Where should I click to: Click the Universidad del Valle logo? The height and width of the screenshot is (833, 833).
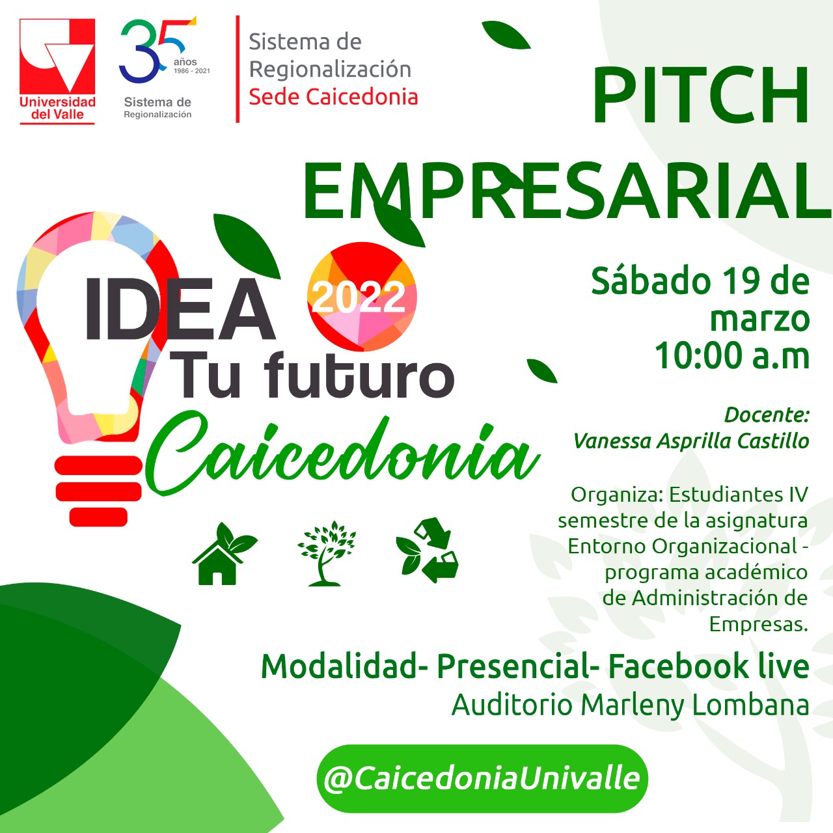coord(57,72)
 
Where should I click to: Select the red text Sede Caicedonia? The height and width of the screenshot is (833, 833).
coord(333,96)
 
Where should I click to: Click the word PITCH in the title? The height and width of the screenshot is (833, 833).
coord(700,96)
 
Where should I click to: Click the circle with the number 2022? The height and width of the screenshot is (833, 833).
coord(362,297)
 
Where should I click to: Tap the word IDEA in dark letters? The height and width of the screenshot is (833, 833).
coord(180,309)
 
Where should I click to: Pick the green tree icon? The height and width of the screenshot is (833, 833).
coord(327,553)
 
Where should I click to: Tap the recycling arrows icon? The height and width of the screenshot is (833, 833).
coord(427,550)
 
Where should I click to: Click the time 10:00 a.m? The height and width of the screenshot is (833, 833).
coord(732,356)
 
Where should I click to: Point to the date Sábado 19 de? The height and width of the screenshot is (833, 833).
coord(700,281)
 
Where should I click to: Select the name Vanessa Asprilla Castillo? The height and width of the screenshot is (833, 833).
coord(691,441)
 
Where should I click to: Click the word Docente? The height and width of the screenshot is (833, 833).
coord(767,415)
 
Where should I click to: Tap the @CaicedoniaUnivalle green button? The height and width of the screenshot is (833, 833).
coord(482,778)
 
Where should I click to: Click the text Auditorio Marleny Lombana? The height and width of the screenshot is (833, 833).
coord(630,705)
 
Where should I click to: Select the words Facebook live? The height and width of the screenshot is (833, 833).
coord(709,666)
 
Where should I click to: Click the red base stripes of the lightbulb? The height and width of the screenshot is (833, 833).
coord(98,491)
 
